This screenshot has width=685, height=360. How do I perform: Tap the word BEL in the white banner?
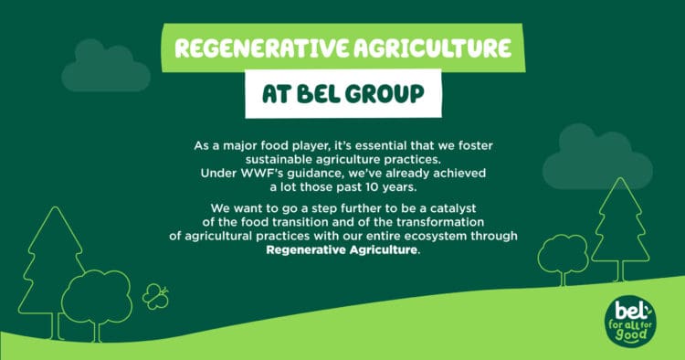[x=328, y=94]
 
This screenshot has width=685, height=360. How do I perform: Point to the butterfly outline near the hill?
[x=156, y=295]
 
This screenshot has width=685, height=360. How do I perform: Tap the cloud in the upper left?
[x=105, y=69]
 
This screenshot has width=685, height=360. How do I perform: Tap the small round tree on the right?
[x=564, y=253]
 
